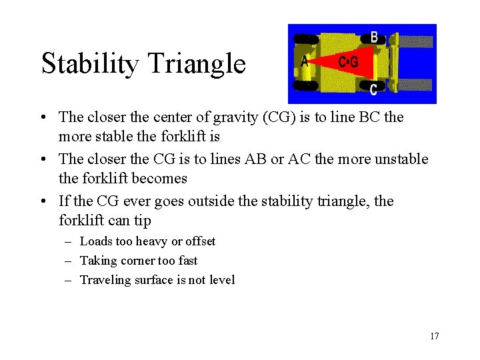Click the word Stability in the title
89,64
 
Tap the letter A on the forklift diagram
305,61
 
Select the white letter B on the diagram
374,37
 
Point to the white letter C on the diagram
373,89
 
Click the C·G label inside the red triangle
348,63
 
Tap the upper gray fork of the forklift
415,42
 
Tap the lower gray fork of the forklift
415,85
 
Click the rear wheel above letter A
306,39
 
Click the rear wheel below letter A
306,85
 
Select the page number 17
434,336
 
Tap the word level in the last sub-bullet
221,280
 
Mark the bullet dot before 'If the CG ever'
43,201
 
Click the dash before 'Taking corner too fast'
68,261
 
